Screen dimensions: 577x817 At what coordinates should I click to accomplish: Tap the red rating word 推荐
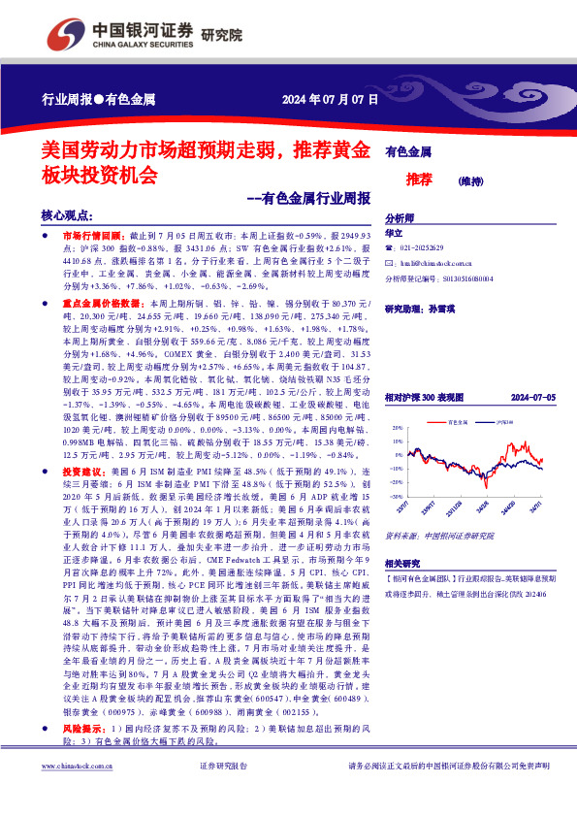pos(392,179)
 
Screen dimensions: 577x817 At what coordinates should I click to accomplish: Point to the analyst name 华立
pos(393,234)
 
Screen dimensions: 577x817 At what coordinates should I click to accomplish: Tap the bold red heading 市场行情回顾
pos(96,236)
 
